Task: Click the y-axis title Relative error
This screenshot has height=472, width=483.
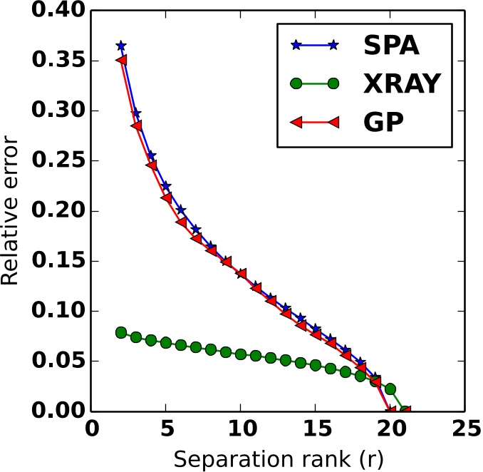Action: pos(10,212)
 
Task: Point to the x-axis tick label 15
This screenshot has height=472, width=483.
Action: pos(316,431)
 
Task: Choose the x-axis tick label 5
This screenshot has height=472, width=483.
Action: pos(166,431)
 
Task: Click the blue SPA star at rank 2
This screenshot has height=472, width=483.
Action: pos(121,46)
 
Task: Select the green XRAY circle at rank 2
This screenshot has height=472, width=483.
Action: pos(121,332)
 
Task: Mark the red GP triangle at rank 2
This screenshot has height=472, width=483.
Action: pos(121,60)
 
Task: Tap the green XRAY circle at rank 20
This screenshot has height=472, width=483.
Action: pos(390,389)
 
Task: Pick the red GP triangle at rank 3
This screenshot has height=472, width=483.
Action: pos(136,125)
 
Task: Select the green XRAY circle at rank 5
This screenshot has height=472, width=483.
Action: pos(166,343)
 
